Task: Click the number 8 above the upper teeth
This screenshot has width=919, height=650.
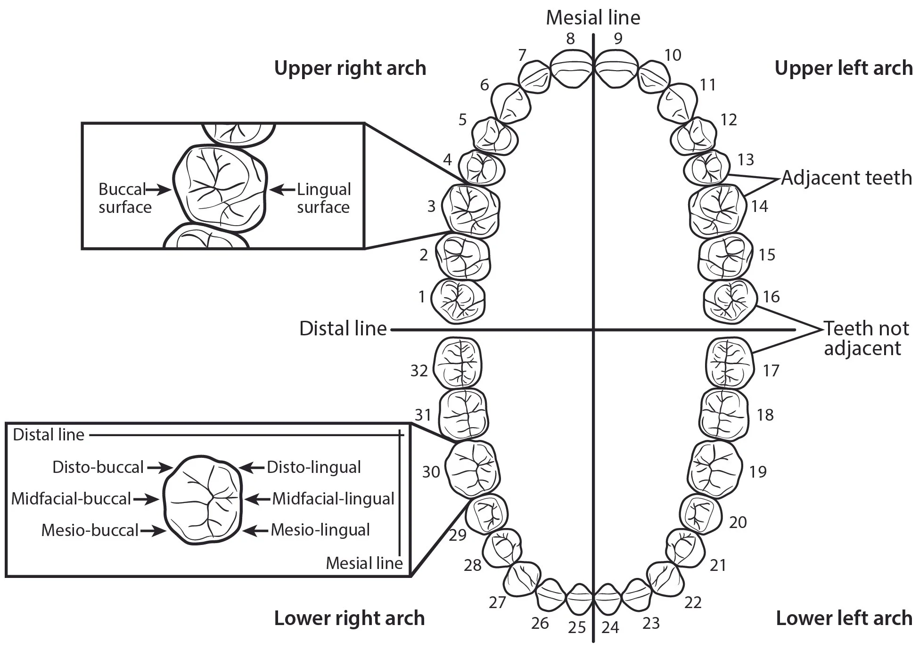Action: [x=570, y=39]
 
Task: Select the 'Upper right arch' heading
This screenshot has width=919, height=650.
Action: [x=350, y=68]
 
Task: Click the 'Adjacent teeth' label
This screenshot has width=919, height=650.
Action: [x=846, y=178]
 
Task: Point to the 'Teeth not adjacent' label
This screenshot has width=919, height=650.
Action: [x=866, y=338]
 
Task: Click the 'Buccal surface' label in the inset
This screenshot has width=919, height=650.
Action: [x=124, y=198]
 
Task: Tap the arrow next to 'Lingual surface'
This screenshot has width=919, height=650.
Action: [x=282, y=190]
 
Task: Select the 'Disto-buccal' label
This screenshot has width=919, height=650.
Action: [x=98, y=467]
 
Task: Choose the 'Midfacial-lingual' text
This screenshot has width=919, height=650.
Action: [x=333, y=499]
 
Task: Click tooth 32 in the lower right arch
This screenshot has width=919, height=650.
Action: [x=457, y=363]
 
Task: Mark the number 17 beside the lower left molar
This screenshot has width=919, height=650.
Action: [x=771, y=371]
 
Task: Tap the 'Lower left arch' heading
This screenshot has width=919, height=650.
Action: [x=844, y=618]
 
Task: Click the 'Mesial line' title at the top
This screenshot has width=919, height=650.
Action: [x=593, y=18]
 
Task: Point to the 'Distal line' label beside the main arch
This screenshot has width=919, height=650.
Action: [x=343, y=329]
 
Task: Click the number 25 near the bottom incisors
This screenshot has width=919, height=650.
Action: [x=576, y=628]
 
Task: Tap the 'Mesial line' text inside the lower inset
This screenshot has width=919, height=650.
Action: [x=364, y=563]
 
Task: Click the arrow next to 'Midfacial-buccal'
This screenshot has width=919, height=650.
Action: [x=147, y=499]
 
